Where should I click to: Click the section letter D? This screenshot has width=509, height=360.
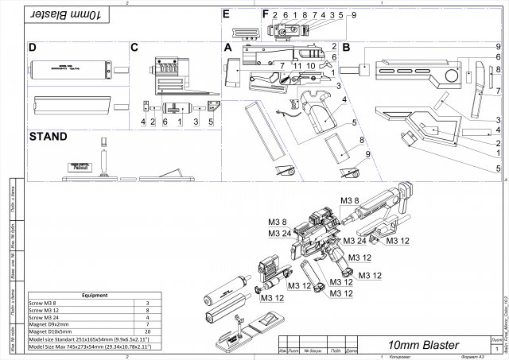[33, 48]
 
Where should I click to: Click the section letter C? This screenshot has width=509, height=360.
[134, 48]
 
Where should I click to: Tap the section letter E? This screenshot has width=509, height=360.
[227, 14]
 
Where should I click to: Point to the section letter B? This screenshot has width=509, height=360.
[346, 48]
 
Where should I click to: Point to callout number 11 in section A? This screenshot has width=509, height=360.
[297, 65]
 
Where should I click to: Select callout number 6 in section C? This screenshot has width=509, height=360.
[165, 122]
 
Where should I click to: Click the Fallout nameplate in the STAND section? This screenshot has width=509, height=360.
[79, 167]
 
